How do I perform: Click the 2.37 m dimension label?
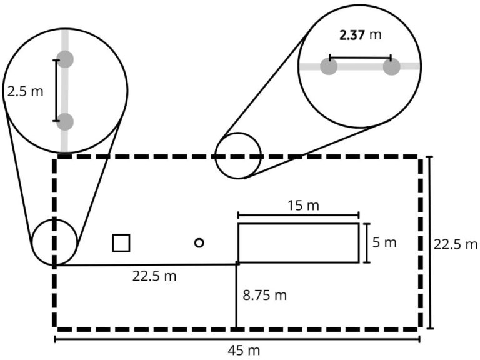(x=361, y=35)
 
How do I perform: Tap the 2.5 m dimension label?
(x=26, y=91)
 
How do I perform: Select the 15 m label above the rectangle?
(x=303, y=206)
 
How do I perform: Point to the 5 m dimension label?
(x=384, y=242)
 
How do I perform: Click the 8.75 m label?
(x=265, y=296)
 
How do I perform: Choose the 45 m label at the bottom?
(x=244, y=351)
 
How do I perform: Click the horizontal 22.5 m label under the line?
(x=154, y=276)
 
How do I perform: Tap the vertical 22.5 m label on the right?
(x=456, y=244)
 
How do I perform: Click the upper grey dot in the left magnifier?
(x=65, y=59)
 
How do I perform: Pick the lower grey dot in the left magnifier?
(x=65, y=121)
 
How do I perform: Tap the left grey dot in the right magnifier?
(x=329, y=66)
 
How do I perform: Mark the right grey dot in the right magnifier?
(x=391, y=66)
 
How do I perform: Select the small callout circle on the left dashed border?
(x=32, y=242)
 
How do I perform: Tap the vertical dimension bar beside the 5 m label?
(x=367, y=243)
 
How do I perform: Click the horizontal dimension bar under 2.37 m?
(x=360, y=57)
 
